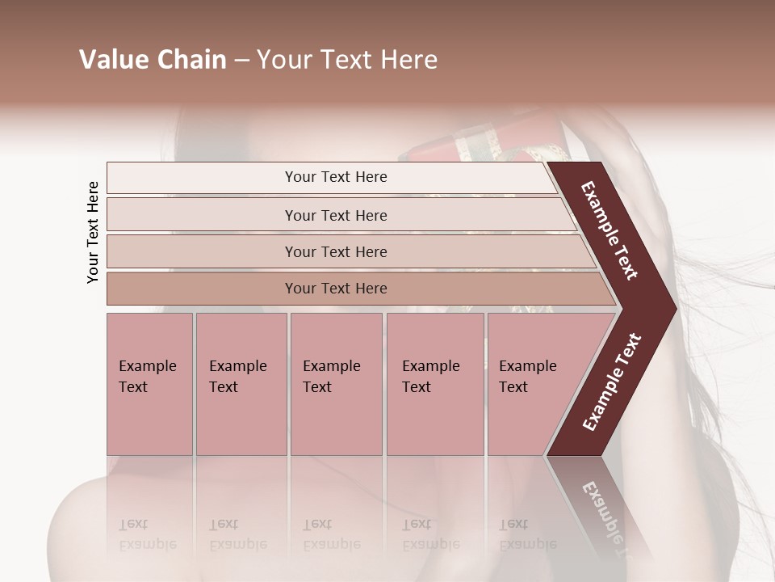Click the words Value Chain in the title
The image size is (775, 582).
tap(153, 60)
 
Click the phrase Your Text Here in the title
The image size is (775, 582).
tap(347, 60)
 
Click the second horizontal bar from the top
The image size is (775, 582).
tap(336, 215)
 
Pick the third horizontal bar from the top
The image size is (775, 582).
tap(336, 251)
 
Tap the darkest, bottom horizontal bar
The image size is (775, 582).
tap(336, 289)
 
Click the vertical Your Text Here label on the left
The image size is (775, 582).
tap(93, 232)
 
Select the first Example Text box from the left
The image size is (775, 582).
tap(149, 383)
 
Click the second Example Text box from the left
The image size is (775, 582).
tap(241, 383)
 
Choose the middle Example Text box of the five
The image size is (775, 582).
tap(336, 383)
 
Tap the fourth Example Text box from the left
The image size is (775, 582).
tap(434, 383)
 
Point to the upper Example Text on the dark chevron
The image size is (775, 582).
tap(610, 230)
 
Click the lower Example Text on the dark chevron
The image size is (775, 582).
tap(611, 382)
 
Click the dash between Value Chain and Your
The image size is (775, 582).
tap(241, 61)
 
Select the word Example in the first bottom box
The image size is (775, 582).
tap(147, 366)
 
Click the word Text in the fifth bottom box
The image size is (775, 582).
tap(513, 387)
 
